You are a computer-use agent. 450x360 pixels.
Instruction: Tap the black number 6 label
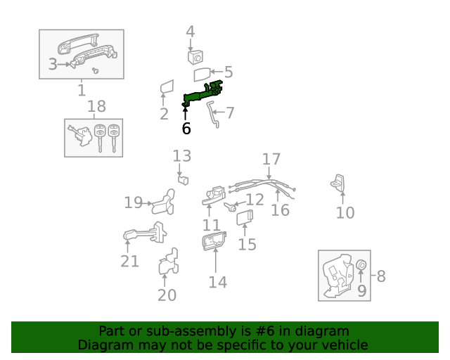[x=186, y=129]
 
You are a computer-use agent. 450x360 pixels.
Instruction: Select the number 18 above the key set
[x=96, y=107]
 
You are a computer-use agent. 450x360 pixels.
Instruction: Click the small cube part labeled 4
[x=195, y=56]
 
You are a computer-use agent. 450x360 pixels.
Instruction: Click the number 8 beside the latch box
[x=381, y=276]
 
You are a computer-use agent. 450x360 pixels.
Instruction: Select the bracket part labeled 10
[x=338, y=182]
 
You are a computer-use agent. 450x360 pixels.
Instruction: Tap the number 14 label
[x=218, y=282]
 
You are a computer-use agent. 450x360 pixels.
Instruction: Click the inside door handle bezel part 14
[x=213, y=242]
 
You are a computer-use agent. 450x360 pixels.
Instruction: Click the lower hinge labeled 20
[x=168, y=263]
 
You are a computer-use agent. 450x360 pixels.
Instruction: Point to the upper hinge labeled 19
[x=164, y=201]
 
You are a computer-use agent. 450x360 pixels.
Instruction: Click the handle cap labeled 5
[x=202, y=74]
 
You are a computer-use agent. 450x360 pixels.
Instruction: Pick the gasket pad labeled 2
[x=166, y=88]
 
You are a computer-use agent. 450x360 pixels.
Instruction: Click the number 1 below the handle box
[x=81, y=90]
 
